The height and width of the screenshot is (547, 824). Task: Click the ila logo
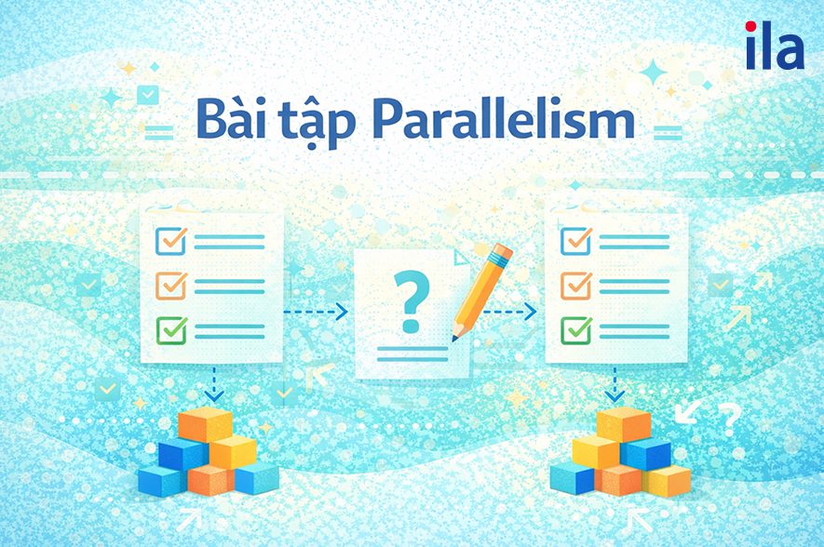click(774, 47)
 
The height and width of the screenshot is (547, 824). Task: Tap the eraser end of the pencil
click(504, 252)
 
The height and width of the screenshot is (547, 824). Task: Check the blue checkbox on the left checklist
click(171, 240)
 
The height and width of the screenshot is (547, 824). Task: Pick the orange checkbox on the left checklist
click(171, 284)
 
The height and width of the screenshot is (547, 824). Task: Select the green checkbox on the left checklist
click(171, 328)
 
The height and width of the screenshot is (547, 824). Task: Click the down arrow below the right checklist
click(615, 384)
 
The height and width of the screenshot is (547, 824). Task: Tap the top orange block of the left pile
click(206, 424)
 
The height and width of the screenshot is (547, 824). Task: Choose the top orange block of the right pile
click(623, 423)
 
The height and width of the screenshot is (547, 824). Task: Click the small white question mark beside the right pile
click(731, 417)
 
